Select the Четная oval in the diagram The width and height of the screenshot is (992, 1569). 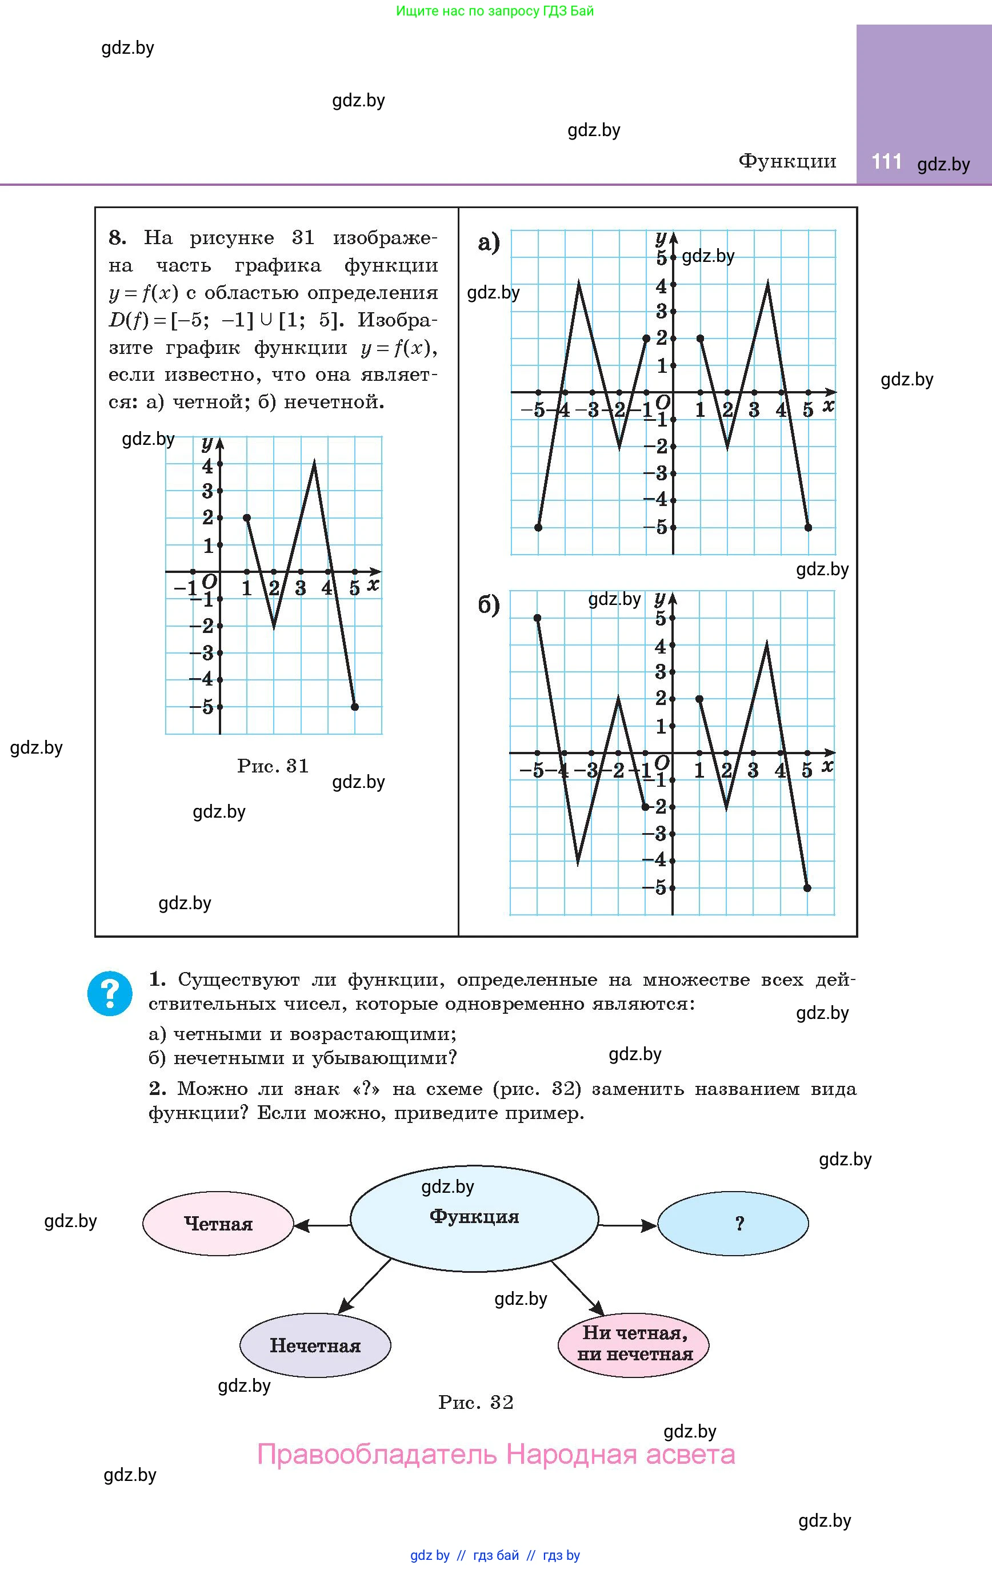218,1224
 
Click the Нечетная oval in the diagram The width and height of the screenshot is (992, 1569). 315,1345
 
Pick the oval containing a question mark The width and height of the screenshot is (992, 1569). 733,1224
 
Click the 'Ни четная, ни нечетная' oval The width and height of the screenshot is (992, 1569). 633,1344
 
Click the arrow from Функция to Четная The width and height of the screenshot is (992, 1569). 322,1225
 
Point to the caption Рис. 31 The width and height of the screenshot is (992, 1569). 273,766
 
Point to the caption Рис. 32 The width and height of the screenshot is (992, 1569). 475,1402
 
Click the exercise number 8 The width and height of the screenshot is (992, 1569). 117,238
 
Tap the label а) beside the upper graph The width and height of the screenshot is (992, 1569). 489,242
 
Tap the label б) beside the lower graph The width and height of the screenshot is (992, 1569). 489,604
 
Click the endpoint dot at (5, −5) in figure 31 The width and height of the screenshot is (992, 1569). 354,706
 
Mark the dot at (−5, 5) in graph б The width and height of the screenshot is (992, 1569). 537,618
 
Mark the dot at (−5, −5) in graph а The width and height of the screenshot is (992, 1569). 538,527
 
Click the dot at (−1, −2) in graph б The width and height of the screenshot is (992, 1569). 646,807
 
